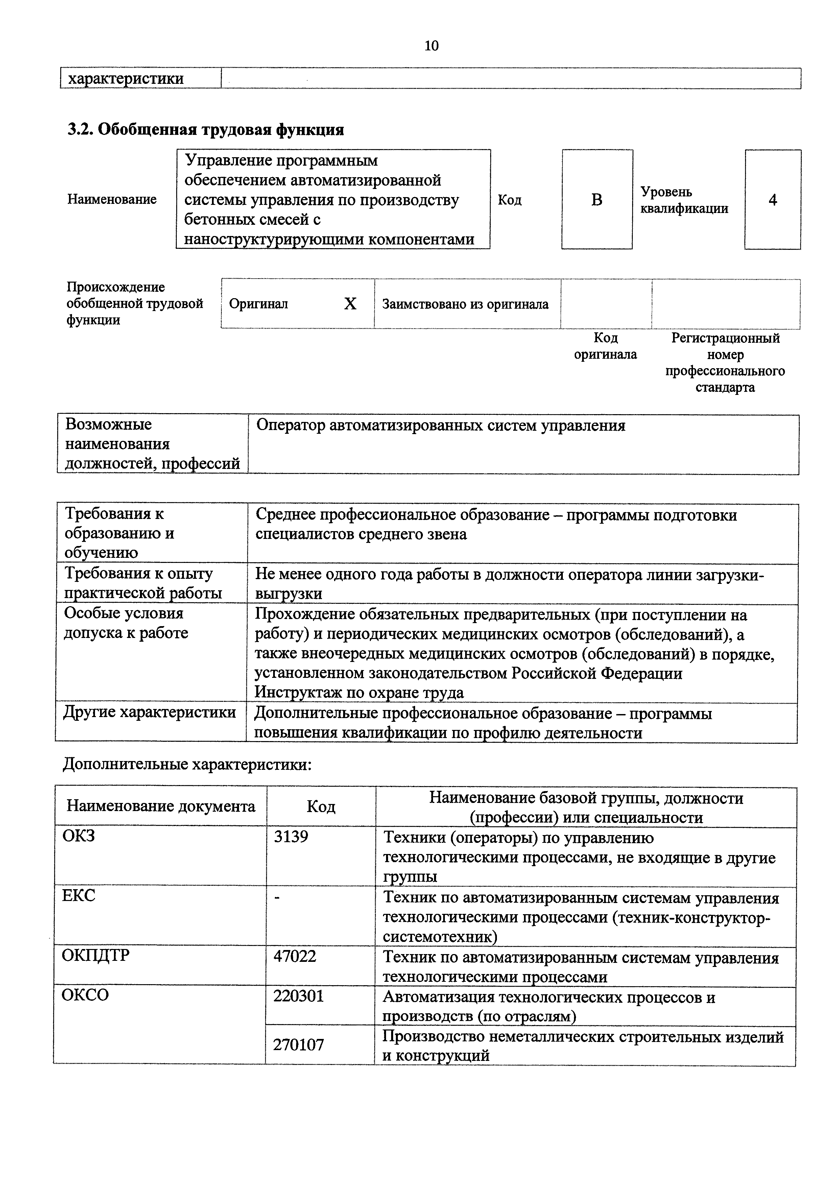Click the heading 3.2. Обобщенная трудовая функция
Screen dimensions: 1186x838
pyautogui.click(x=206, y=129)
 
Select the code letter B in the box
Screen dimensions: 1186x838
pyautogui.click(x=597, y=200)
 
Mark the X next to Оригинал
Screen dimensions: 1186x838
pyautogui.click(x=350, y=304)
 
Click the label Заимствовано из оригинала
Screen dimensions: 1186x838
pyautogui.click(x=465, y=304)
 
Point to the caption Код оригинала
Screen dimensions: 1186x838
pyautogui.click(x=606, y=346)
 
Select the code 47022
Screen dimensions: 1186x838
pyautogui.click(x=295, y=956)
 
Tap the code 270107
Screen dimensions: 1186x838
pyautogui.click(x=298, y=1044)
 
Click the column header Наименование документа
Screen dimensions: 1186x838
pyautogui.click(x=161, y=806)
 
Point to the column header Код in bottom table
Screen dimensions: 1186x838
pyautogui.click(x=321, y=806)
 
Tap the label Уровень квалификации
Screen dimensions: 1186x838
pyautogui.click(x=684, y=200)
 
